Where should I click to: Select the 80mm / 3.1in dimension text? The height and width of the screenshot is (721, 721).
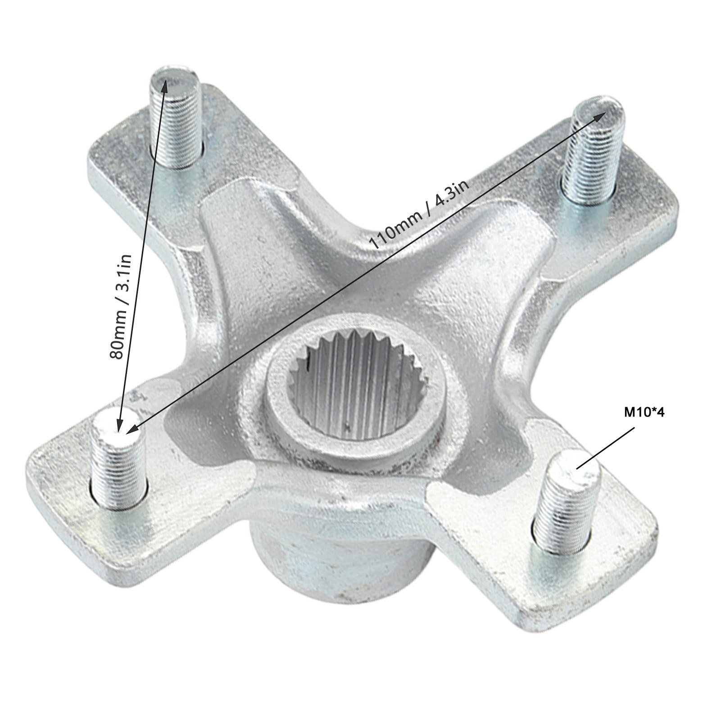point(121,300)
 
